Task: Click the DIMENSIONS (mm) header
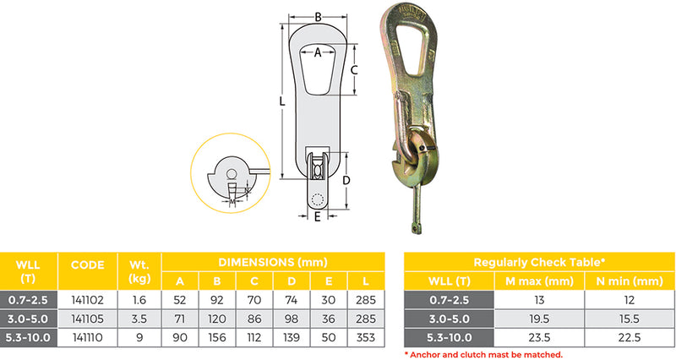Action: click(273, 262)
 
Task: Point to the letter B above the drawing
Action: click(318, 17)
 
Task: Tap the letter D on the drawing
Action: click(346, 179)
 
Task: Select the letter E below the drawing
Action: click(317, 217)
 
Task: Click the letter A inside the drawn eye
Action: click(318, 52)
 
